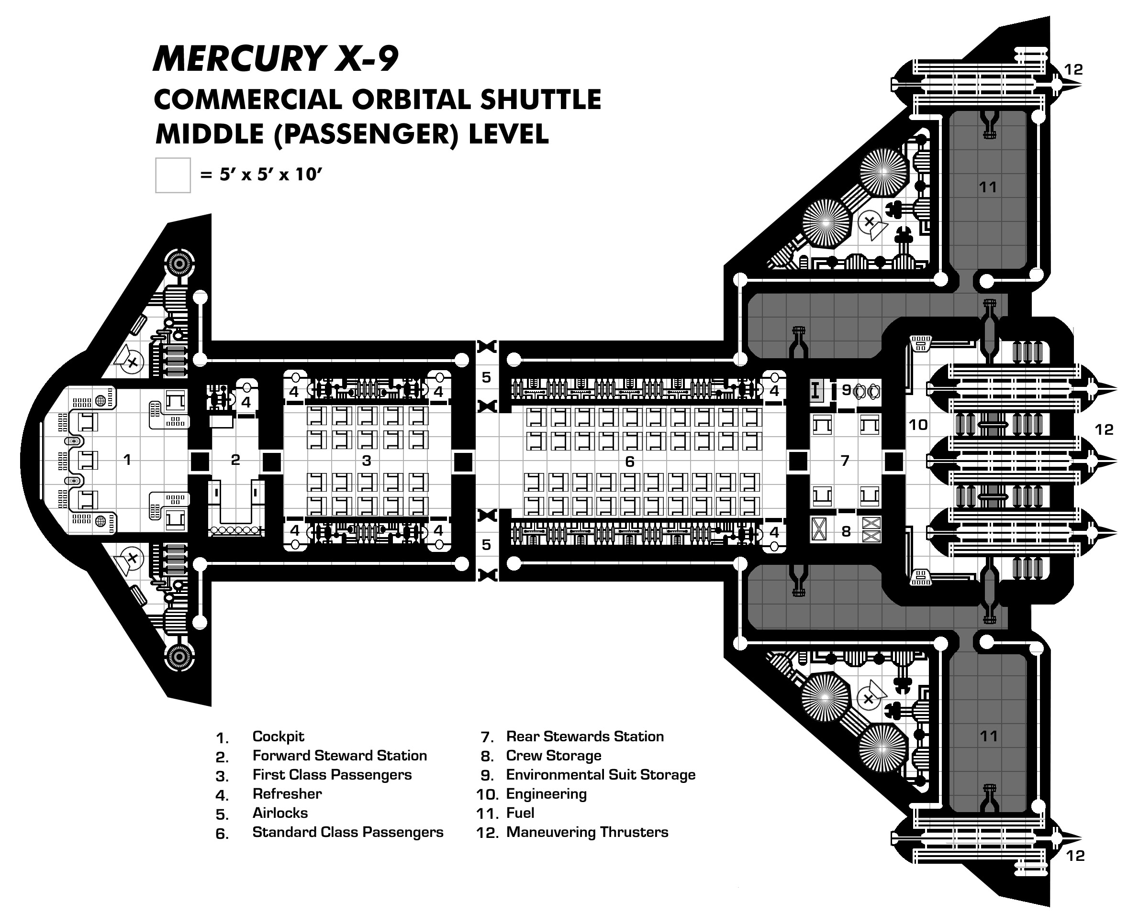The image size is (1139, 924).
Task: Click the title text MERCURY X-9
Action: (x=275, y=58)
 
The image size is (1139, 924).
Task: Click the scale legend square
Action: (x=173, y=175)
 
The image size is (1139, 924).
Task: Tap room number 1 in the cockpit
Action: (x=127, y=459)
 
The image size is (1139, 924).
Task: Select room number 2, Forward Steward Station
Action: (x=235, y=459)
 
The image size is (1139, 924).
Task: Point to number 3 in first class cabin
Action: (x=367, y=461)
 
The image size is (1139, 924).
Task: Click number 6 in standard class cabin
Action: (x=629, y=462)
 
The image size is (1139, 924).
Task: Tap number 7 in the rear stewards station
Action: (x=845, y=461)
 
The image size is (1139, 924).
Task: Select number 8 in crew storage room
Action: (x=846, y=531)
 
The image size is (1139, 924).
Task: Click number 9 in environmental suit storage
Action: (x=846, y=390)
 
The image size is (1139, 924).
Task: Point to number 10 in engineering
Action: (x=918, y=425)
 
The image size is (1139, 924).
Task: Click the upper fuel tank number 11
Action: (x=988, y=187)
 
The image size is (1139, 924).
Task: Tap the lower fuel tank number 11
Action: (x=988, y=736)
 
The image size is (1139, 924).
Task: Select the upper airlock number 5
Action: (x=486, y=377)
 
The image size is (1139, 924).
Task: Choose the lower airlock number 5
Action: (x=486, y=544)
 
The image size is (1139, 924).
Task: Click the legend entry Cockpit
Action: (x=278, y=737)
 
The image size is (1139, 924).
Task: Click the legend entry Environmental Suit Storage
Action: (x=601, y=774)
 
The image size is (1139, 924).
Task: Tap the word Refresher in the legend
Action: (x=287, y=793)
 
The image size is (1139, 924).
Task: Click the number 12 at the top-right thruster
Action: (x=1073, y=70)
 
